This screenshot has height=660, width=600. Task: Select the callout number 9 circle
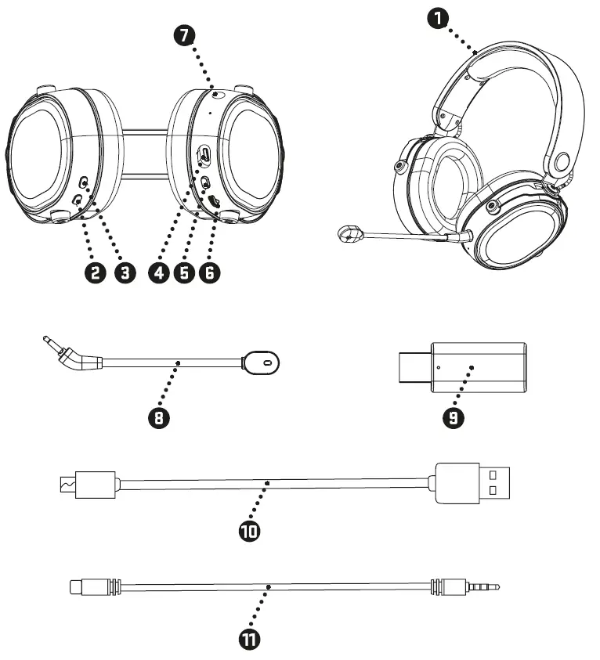tap(453, 417)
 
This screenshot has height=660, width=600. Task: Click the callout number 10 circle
tap(250, 531)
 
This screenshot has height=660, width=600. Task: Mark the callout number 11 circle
tap(250, 639)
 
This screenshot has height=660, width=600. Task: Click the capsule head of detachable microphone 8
tap(262, 362)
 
